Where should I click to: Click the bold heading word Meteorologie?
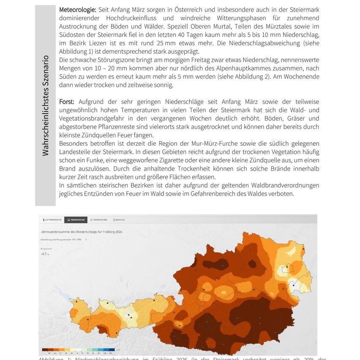pos(78,9)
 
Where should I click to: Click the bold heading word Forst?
pos(67,102)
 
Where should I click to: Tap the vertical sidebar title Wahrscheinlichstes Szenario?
pos(46,106)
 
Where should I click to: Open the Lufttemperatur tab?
pos(52,220)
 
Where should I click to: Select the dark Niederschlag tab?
pos(76,220)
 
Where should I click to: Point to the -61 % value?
pos(44,254)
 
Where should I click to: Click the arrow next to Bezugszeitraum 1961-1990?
pos(86,239)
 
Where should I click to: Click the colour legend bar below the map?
pos(78,350)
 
